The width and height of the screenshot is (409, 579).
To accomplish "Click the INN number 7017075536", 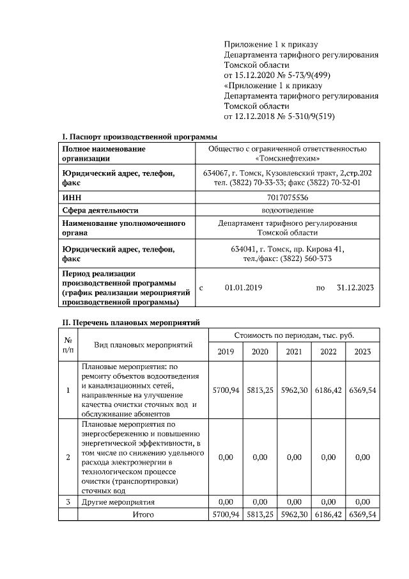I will (287, 198).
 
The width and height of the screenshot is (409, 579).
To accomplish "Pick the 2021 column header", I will (294, 351).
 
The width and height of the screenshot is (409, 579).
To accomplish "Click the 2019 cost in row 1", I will (226, 390).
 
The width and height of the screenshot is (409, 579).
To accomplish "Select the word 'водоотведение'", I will (287, 210).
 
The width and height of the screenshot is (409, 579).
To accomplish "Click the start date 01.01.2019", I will (243, 288).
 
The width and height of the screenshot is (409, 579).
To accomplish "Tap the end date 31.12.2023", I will (355, 288).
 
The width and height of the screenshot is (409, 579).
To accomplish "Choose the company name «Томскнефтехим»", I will (287, 158).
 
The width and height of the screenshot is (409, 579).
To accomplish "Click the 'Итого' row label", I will (143, 514).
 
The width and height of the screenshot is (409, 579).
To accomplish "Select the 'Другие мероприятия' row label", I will (118, 502).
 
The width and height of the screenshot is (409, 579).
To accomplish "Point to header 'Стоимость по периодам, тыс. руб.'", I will (294, 335).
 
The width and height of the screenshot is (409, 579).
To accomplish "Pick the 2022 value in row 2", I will (328, 457).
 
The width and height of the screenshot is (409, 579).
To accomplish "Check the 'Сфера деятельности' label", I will (100, 210).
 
